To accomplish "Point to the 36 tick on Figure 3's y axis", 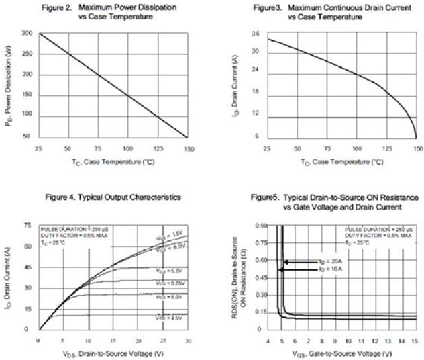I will (255, 33).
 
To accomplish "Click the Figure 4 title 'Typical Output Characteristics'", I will (113, 199).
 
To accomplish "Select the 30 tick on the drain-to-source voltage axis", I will (187, 340).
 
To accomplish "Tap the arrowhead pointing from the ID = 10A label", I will (280, 270).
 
